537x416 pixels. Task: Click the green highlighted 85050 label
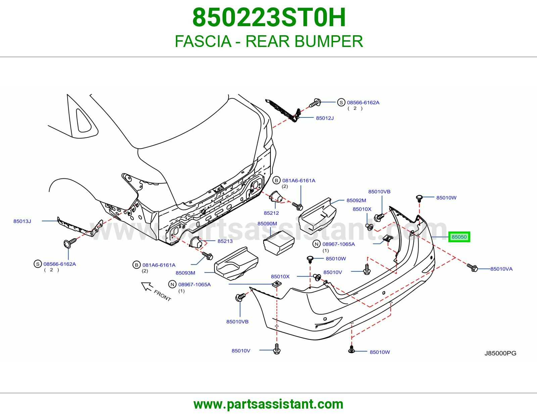coord(459,237)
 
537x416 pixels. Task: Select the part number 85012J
coord(325,118)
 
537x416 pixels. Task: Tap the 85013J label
coord(22,221)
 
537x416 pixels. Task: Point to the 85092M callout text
coord(356,200)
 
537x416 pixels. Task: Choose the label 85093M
coord(185,273)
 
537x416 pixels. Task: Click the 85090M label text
coord(267,223)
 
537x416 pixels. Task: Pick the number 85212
coord(271,213)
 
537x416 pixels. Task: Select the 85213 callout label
coord(225,241)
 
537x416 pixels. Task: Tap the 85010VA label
coord(501,269)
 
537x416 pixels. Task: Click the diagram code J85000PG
coord(500,353)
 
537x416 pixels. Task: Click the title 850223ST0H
coord(269,17)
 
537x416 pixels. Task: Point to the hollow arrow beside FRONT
coord(147,286)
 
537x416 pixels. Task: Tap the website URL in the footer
coord(268,404)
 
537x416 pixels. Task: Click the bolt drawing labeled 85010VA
coord(472,267)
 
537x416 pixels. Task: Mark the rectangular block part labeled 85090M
coord(279,243)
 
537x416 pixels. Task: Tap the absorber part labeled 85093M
coord(236,263)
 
